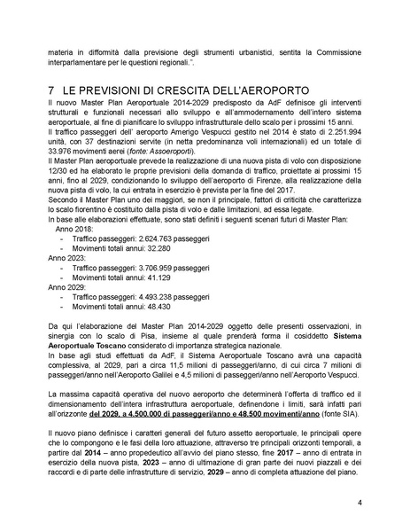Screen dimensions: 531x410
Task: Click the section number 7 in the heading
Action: pos(51,92)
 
